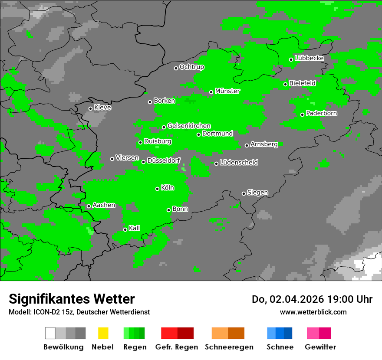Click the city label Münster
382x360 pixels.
[x=227, y=91]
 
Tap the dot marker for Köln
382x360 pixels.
[x=158, y=189]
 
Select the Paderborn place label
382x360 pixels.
[x=322, y=113]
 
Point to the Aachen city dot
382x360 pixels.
[x=89, y=206]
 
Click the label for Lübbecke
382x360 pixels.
[x=310, y=58]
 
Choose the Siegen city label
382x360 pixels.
[x=257, y=193]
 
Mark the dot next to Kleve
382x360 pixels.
[x=90, y=108]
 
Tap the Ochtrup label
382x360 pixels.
[x=192, y=67]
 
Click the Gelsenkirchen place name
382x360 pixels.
[x=189, y=126]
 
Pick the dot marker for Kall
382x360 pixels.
[x=125, y=229]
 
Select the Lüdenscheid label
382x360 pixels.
[x=239, y=163]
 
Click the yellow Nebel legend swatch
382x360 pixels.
[x=103, y=333]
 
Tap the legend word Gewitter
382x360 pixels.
[x=320, y=347]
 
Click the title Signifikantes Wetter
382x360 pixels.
[x=72, y=299]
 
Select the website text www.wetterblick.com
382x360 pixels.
[x=313, y=312]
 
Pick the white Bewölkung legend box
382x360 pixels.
[x=50, y=333]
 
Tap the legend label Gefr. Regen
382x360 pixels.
[x=177, y=347]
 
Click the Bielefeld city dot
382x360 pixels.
[x=286, y=84]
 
